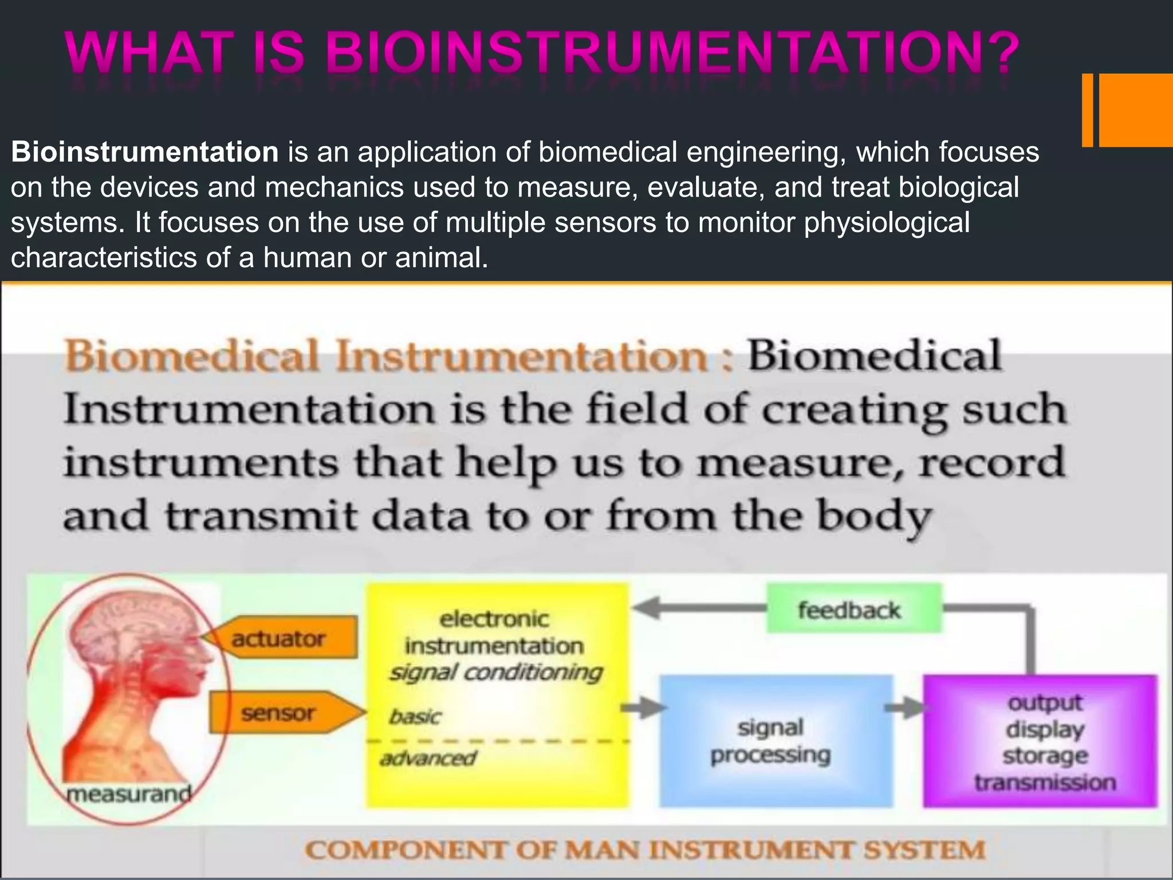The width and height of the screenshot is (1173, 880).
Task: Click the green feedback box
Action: tap(853, 609)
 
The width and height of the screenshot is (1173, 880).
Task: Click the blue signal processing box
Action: tap(776, 741)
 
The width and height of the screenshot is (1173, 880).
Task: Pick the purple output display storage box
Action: tap(1040, 741)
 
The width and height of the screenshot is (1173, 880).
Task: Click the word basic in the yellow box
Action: tap(415, 717)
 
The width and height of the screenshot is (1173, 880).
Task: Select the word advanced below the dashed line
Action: tap(427, 759)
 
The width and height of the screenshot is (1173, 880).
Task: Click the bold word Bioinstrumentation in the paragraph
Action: tap(144, 152)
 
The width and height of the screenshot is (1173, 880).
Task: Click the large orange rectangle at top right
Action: tap(1135, 110)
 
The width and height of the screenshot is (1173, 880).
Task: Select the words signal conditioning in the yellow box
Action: tap(495, 673)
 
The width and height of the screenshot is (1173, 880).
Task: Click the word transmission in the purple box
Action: tap(1045, 783)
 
